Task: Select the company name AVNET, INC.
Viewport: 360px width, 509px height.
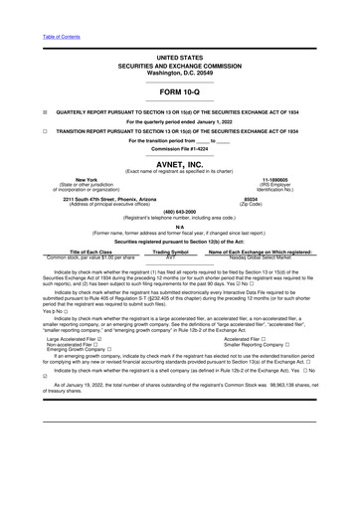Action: click(180, 165)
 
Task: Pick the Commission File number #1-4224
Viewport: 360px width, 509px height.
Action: click(199, 148)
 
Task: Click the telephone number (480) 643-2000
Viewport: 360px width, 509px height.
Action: click(180, 211)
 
